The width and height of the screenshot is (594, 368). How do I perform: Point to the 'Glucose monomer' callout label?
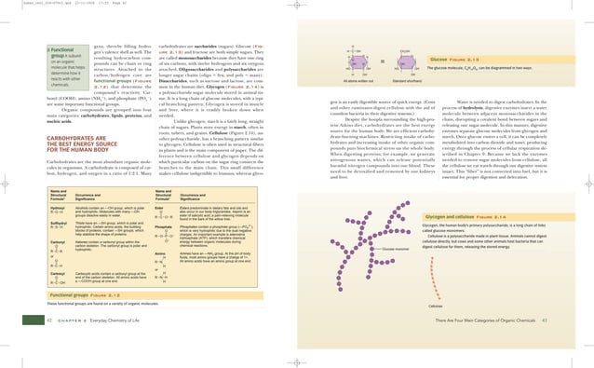pyautogui.click(x=398, y=250)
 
